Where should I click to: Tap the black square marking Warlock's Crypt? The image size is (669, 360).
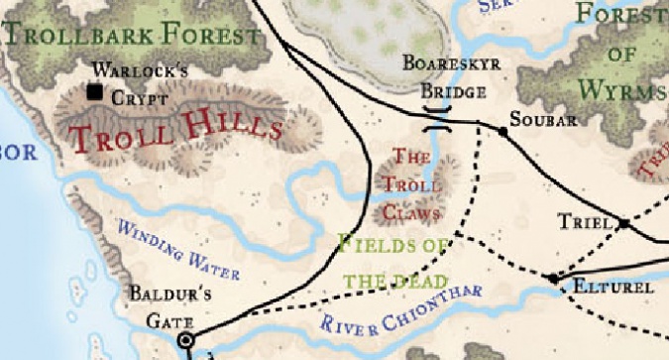point(95,92)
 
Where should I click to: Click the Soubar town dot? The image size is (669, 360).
point(502,131)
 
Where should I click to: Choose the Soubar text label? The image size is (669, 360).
point(541,121)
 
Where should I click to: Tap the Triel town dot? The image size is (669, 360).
point(624,225)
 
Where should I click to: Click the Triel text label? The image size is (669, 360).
point(583,221)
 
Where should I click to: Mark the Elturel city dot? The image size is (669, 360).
point(554,279)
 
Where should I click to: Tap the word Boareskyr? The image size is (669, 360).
point(451,64)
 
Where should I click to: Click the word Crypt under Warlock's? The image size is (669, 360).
point(133,98)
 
